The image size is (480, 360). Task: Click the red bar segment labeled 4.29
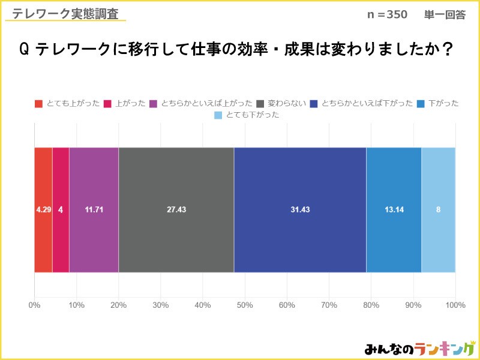[x=43, y=209]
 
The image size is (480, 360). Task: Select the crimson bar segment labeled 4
[x=61, y=209]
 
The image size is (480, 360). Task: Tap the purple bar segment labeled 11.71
[x=94, y=209]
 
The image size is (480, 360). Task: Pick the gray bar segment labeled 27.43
[x=176, y=209]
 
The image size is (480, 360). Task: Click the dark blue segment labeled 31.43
[x=299, y=209]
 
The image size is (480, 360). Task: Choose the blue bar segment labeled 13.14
[x=394, y=209]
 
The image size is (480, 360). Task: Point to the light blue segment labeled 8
[x=438, y=209]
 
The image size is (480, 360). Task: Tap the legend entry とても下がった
[x=247, y=115]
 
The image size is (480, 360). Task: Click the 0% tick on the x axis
[x=34, y=305]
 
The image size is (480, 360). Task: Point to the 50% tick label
[x=245, y=305]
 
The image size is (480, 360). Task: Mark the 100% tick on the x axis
[x=455, y=305]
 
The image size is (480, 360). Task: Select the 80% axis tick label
[x=371, y=305]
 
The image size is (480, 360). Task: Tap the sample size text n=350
[x=386, y=15]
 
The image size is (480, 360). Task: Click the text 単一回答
[x=445, y=15]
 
